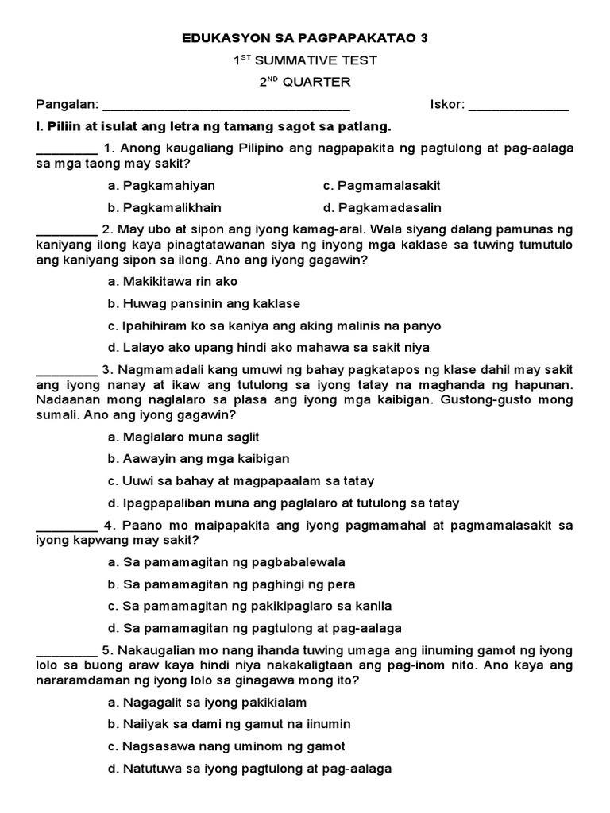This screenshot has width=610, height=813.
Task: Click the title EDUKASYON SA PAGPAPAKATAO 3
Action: point(305,38)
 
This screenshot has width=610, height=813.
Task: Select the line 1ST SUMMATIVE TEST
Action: point(305,60)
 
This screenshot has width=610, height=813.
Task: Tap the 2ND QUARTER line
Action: point(305,83)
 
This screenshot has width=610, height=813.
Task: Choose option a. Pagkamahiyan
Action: point(161,186)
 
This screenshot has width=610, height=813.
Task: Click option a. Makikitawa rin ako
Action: point(172,282)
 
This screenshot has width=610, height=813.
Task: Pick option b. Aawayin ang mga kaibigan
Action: point(199,459)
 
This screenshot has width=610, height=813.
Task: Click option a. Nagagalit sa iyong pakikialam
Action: point(207,703)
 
